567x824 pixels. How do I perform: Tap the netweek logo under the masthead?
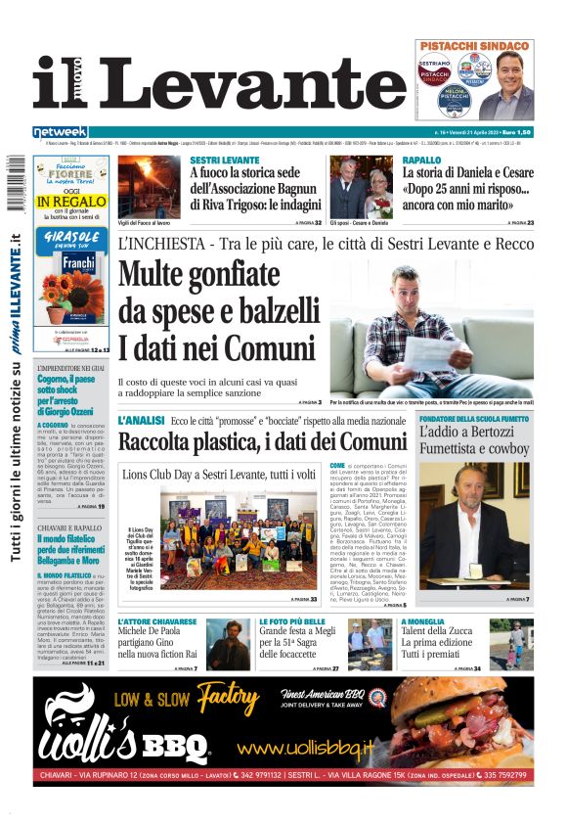61,131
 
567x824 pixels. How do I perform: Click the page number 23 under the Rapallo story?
530,223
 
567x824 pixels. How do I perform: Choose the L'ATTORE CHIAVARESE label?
157,621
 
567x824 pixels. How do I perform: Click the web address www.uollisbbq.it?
306,749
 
